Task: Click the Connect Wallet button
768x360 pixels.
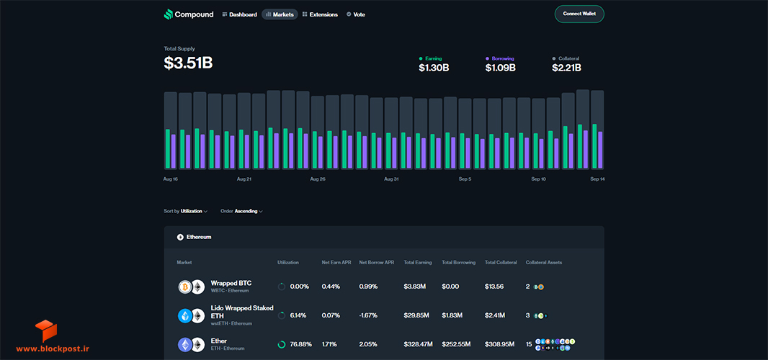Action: point(579,14)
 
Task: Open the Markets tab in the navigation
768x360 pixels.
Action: point(280,14)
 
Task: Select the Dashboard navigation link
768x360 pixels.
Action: point(239,14)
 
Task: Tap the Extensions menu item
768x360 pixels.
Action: point(320,14)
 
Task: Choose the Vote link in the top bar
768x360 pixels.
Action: point(356,14)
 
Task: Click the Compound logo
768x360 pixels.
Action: point(189,14)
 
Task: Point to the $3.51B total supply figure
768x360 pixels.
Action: point(188,63)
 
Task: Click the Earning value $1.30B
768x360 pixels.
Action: point(434,68)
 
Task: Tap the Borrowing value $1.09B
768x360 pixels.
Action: point(500,68)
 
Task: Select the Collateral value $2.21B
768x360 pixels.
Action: point(567,68)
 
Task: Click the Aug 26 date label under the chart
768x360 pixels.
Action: point(318,179)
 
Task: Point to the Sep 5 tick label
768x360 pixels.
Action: point(465,179)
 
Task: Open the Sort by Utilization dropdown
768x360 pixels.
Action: point(186,211)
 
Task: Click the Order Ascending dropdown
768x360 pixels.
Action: point(241,211)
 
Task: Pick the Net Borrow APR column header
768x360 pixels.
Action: point(377,263)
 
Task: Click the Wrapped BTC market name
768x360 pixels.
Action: point(231,283)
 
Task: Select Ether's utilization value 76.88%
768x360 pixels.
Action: point(300,344)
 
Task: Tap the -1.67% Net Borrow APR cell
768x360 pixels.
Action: point(368,315)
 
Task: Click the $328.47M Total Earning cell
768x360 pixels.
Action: point(419,344)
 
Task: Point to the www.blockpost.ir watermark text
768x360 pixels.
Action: point(53,348)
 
